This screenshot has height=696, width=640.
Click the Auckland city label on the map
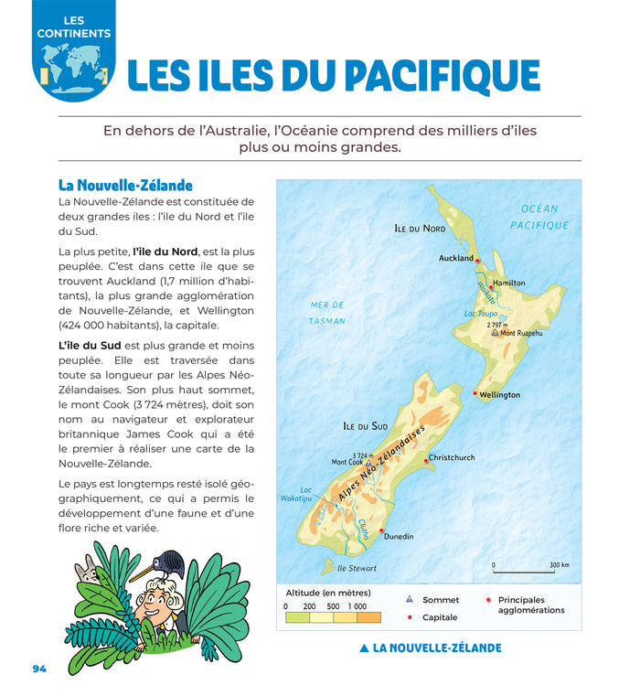tap(455, 259)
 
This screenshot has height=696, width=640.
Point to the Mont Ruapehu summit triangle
tap(496, 334)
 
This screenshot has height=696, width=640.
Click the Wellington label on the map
tap(499, 395)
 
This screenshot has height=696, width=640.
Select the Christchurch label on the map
tap(451, 457)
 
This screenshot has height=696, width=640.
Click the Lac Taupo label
tap(481, 314)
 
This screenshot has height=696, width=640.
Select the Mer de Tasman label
tap(326, 313)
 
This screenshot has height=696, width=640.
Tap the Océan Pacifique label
tap(539, 217)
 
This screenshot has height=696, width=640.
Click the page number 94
tap(38, 669)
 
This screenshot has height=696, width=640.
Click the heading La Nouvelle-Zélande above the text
tap(125, 185)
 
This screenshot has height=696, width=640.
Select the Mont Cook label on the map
tap(347, 462)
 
